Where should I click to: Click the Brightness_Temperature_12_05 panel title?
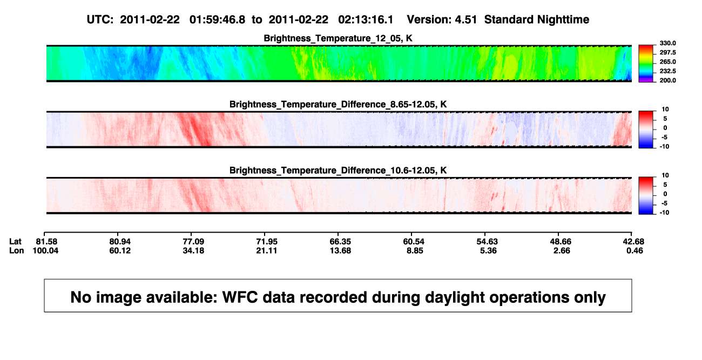(x=338, y=38)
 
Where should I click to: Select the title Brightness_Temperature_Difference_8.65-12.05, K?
(x=338, y=104)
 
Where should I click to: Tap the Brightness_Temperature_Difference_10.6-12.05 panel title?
(x=338, y=171)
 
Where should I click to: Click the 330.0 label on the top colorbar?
(x=667, y=43)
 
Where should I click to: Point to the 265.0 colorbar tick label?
(x=667, y=62)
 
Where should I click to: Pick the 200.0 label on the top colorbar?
(x=667, y=80)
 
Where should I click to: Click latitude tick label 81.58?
(x=46, y=242)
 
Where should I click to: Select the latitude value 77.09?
(x=193, y=242)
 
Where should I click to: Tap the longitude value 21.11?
(x=267, y=250)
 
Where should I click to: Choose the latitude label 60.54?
(x=414, y=242)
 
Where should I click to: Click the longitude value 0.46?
(x=634, y=250)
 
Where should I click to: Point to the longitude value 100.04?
(x=45, y=250)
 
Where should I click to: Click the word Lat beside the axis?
(x=15, y=242)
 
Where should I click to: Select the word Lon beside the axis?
(x=17, y=250)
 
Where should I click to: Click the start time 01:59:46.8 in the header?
(x=217, y=20)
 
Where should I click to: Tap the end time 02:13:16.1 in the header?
(x=366, y=20)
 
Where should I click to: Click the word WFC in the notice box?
(x=240, y=297)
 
